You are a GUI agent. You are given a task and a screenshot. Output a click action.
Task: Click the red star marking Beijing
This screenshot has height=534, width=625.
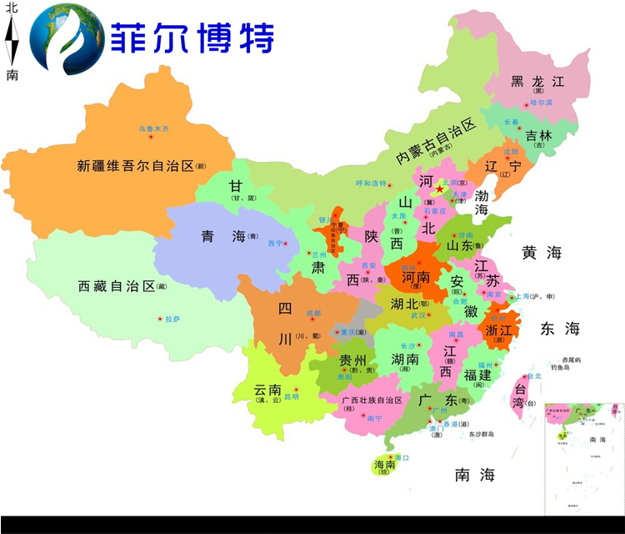pyautogui.click(x=439, y=189)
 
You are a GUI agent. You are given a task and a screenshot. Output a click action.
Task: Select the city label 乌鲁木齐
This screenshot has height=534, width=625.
pyautogui.click(x=153, y=128)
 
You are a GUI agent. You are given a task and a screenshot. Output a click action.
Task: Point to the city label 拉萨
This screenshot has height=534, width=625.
pyautogui.click(x=172, y=319)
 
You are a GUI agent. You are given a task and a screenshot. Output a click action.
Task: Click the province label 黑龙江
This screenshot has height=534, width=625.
pyautogui.click(x=537, y=82)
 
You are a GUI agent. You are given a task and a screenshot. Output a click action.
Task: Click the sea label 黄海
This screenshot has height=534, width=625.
pyautogui.click(x=542, y=253)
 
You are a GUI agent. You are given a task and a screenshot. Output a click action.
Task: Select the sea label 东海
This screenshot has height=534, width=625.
pyautogui.click(x=559, y=329)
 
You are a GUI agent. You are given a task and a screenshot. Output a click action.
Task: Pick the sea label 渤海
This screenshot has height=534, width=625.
pyautogui.click(x=482, y=203)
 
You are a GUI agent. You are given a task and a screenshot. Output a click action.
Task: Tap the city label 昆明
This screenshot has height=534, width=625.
pyautogui.click(x=292, y=396)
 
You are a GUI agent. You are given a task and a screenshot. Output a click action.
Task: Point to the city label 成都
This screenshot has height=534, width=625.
pyautogui.click(x=312, y=313)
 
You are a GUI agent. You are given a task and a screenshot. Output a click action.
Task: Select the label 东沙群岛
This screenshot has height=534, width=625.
pyautogui.click(x=481, y=434)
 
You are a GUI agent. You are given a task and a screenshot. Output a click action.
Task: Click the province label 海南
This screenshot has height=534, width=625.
pyautogui.click(x=384, y=464)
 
